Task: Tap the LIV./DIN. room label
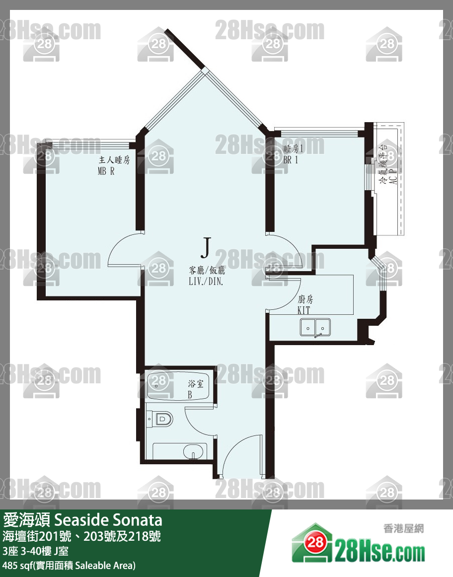pos(206,282)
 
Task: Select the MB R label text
pos(106,171)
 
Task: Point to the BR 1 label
pos(291,160)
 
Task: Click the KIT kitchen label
pos(304,310)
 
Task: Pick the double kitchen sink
pos(315,327)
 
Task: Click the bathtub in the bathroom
pos(178,386)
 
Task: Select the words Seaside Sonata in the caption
pos(108,520)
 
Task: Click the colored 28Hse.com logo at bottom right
pos(358,544)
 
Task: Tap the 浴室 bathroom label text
pos(196,384)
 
